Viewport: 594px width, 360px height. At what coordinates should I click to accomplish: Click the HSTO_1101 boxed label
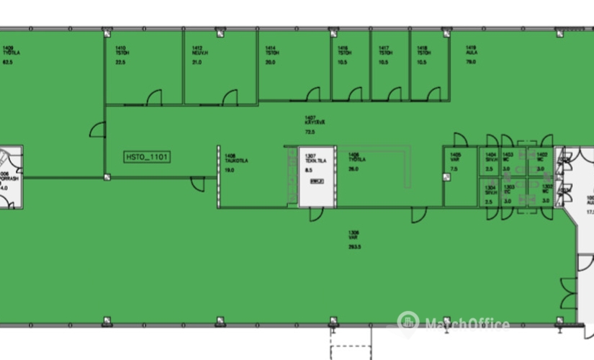click(146, 155)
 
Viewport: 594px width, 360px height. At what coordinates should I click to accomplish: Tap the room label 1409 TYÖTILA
click(9, 51)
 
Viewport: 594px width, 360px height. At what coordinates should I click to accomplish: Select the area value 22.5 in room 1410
click(120, 62)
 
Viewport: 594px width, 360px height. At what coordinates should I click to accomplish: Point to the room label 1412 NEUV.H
click(199, 51)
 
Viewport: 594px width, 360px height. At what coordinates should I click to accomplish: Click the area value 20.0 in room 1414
click(270, 62)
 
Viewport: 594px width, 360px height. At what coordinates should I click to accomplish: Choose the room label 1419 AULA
click(472, 51)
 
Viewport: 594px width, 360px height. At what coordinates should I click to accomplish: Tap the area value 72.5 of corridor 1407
click(310, 132)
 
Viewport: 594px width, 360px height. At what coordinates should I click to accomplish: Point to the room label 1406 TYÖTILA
click(354, 158)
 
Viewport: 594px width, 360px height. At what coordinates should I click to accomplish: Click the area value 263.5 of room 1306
click(354, 246)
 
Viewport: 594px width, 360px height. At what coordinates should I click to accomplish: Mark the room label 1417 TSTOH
click(385, 51)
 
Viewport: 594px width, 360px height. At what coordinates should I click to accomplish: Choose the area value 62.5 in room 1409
click(9, 63)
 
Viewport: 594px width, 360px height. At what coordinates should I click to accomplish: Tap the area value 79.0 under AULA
click(472, 62)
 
